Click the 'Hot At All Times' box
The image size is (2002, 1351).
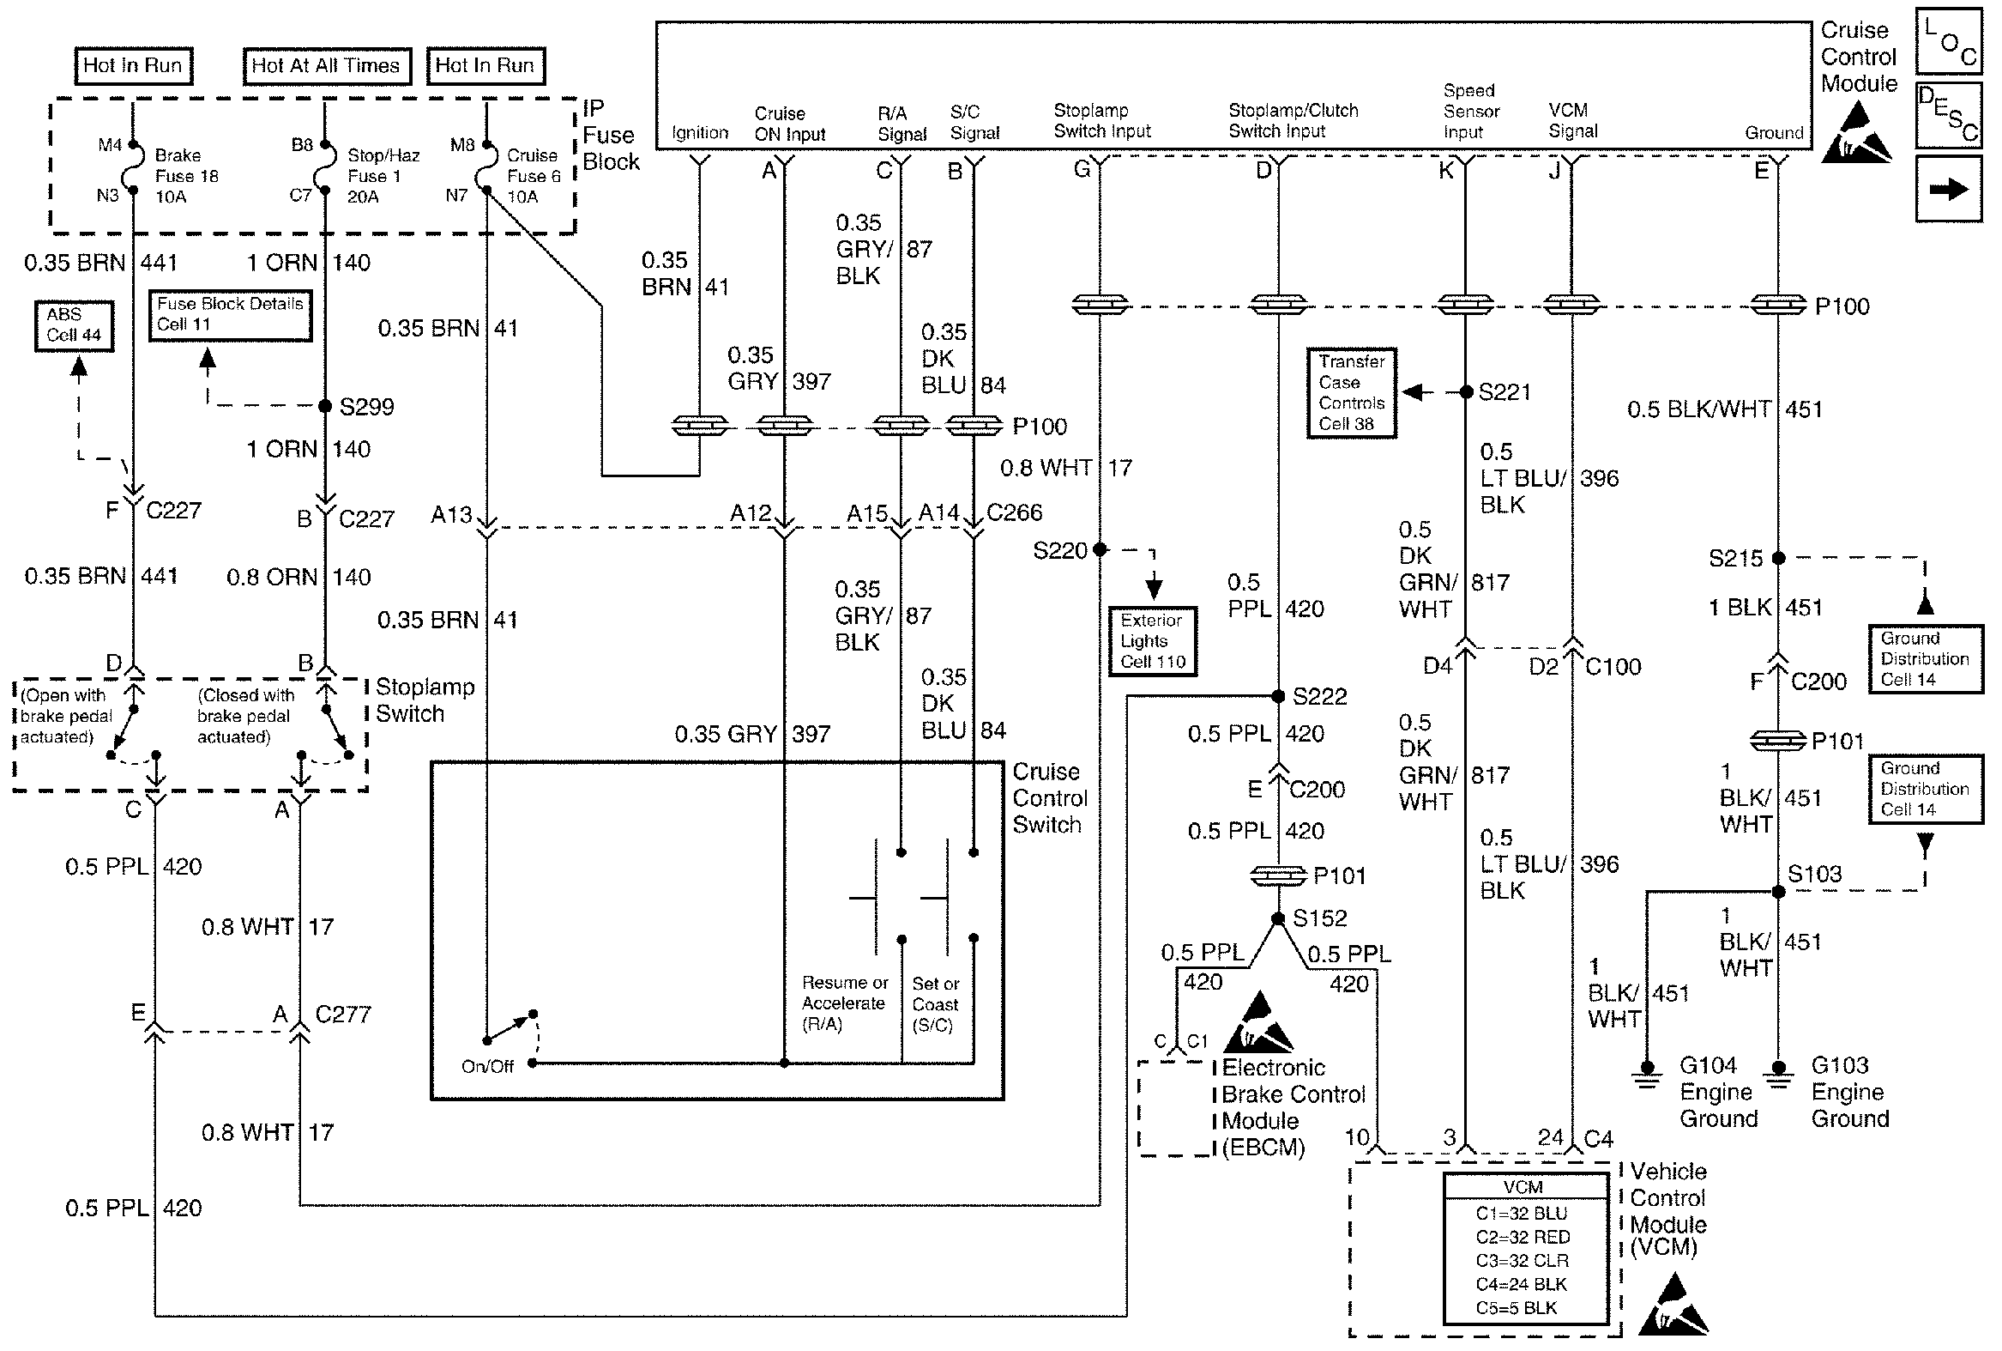[x=325, y=65]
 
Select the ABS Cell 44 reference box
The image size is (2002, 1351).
[x=74, y=325]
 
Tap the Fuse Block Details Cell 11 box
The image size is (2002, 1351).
[x=230, y=315]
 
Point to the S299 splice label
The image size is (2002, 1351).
[x=366, y=407]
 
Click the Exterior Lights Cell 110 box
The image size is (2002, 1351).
[x=1153, y=641]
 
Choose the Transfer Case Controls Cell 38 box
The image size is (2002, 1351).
[x=1351, y=393]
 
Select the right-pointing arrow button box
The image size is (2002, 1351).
[x=1949, y=189]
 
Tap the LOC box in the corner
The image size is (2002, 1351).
[x=1949, y=41]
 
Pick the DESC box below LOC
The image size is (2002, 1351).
[x=1949, y=116]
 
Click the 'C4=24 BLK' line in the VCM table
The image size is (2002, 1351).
[x=1522, y=1284]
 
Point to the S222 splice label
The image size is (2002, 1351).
[x=1319, y=696]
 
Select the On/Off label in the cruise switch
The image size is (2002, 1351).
[x=487, y=1067]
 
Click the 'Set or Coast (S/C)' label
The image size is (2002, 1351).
[x=935, y=1004]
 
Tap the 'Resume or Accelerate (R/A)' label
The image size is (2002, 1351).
[x=844, y=1003]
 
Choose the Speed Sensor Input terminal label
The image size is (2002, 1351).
[x=1471, y=111]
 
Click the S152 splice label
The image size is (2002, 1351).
[x=1319, y=918]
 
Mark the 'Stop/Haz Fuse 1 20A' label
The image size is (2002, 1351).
[x=383, y=176]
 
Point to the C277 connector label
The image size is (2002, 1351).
[x=343, y=1015]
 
